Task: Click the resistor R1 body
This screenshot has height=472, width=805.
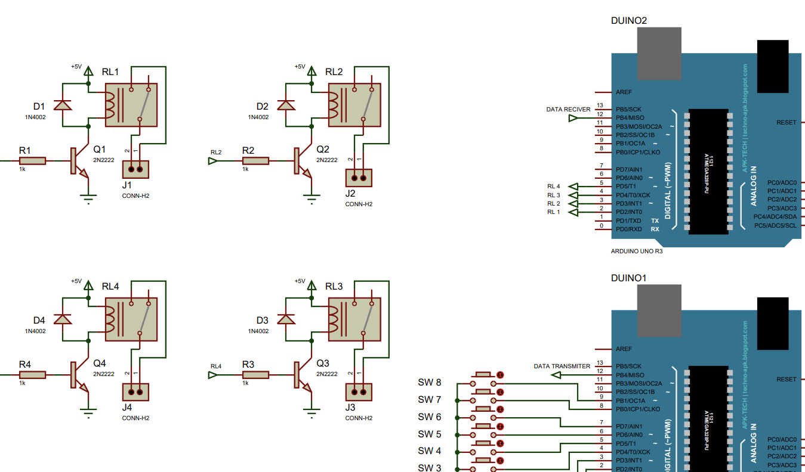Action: click(x=32, y=161)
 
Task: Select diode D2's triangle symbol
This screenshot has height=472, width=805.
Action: click(x=286, y=105)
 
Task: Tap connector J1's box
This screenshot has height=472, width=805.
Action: click(x=135, y=169)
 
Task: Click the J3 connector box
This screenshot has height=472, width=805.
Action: click(x=359, y=392)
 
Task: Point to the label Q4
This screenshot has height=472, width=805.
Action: click(x=99, y=363)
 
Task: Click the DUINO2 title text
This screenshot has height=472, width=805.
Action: click(x=628, y=20)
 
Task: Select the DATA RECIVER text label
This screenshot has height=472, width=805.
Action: click(x=568, y=110)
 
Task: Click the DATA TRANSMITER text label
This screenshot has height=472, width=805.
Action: click(x=562, y=367)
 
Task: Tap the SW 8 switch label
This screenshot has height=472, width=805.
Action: click(x=430, y=383)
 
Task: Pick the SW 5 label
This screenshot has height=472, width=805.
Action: click(x=430, y=434)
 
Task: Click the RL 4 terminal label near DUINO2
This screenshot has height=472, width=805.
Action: click(x=553, y=187)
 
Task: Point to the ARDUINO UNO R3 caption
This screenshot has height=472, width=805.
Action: click(x=637, y=251)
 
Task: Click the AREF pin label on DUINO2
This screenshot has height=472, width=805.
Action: click(x=624, y=92)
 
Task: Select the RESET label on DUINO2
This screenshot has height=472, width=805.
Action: click(x=786, y=123)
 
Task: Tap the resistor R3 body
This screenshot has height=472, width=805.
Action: click(x=255, y=375)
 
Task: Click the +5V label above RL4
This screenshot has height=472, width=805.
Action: click(x=76, y=281)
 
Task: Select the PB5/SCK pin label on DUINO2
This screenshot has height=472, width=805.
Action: click(x=629, y=110)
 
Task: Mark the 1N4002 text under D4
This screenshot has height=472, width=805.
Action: click(x=35, y=331)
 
